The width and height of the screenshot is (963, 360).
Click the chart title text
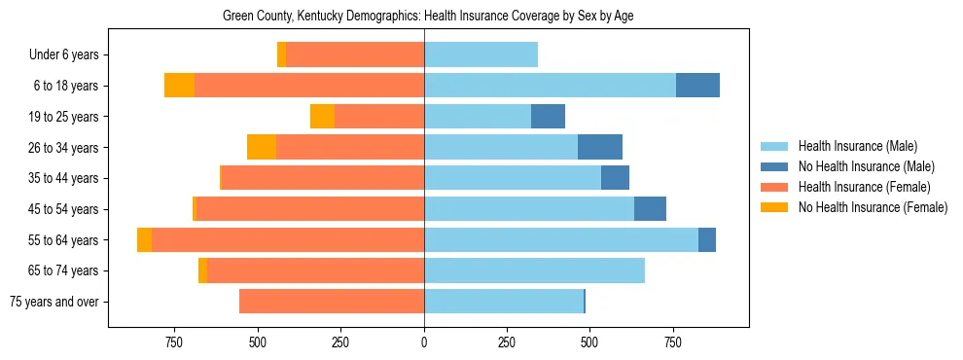[428, 17]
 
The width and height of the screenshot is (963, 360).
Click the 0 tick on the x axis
[424, 342]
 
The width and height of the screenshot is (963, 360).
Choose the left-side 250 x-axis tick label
[340, 342]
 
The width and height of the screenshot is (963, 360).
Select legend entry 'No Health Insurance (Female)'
[873, 207]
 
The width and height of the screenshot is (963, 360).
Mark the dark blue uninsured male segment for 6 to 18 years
[697, 86]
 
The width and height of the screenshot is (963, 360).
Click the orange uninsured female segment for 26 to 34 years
[262, 147]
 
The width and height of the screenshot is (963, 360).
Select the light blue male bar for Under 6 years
[481, 55]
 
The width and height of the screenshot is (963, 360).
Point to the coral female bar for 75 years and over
[331, 302]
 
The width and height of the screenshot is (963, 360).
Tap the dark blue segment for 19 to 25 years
[548, 117]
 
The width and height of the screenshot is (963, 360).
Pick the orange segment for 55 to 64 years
[144, 240]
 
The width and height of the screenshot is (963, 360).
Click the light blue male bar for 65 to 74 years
[534, 270]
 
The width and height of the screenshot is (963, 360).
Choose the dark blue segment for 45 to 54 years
[650, 209]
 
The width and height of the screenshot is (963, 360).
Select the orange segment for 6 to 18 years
[179, 86]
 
